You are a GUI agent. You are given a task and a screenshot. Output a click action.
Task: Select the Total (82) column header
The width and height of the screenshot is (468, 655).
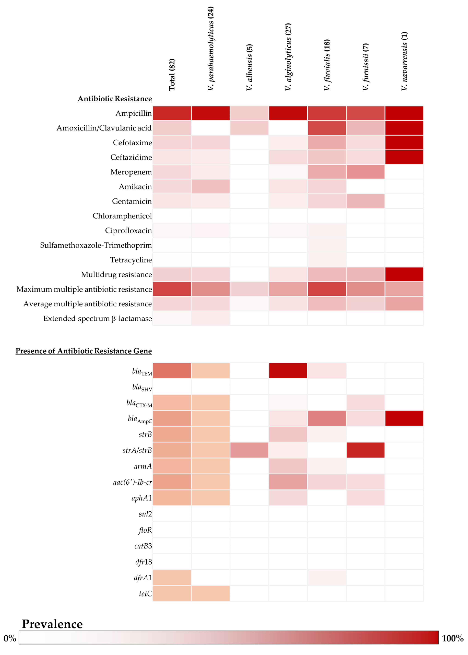click(x=172, y=75)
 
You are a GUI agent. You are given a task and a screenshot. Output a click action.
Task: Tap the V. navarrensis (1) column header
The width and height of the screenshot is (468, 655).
click(x=404, y=61)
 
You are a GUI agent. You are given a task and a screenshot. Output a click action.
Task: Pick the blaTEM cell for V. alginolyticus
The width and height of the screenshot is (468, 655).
click(x=288, y=371)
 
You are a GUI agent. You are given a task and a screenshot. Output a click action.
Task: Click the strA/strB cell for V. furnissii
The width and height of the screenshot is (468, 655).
click(x=365, y=450)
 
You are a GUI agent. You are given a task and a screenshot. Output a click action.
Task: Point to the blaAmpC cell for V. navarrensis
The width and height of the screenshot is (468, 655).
click(x=404, y=418)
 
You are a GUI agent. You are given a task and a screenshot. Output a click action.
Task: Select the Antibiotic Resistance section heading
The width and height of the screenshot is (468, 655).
click(x=115, y=99)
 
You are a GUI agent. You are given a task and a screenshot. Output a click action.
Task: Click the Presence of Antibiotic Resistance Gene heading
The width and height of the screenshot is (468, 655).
click(x=84, y=351)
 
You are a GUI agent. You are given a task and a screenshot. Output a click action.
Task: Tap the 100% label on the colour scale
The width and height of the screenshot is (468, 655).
click(x=452, y=638)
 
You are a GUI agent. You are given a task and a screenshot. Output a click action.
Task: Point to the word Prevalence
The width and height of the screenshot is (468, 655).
click(x=52, y=624)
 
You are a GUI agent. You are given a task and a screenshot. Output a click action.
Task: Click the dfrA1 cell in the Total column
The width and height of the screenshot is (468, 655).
click(x=172, y=577)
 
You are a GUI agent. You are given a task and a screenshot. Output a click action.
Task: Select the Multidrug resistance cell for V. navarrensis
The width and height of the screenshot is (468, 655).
click(x=404, y=274)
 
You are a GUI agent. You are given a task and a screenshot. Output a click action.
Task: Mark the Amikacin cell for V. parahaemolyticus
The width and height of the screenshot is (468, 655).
click(x=210, y=186)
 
